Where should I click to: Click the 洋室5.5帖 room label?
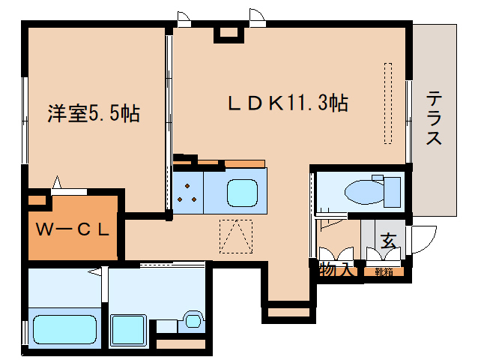click(x=94, y=113)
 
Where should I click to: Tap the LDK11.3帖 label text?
click(x=288, y=103)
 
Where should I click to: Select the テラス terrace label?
click(x=434, y=118)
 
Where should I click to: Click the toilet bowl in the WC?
click(x=366, y=191)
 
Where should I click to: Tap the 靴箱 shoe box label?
click(x=384, y=271)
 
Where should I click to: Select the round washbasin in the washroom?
click(x=194, y=320)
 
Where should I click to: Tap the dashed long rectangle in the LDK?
click(x=387, y=103)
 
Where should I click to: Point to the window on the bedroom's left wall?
click(x=25, y=120)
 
